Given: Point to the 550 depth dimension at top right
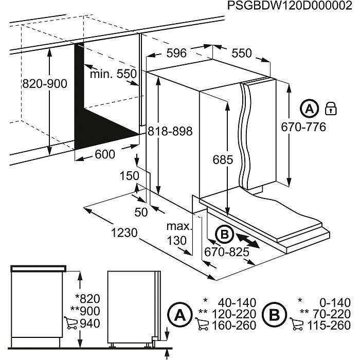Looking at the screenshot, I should (242, 53).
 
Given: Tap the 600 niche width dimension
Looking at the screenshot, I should (105, 154).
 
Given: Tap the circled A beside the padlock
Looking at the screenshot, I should (309, 109).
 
